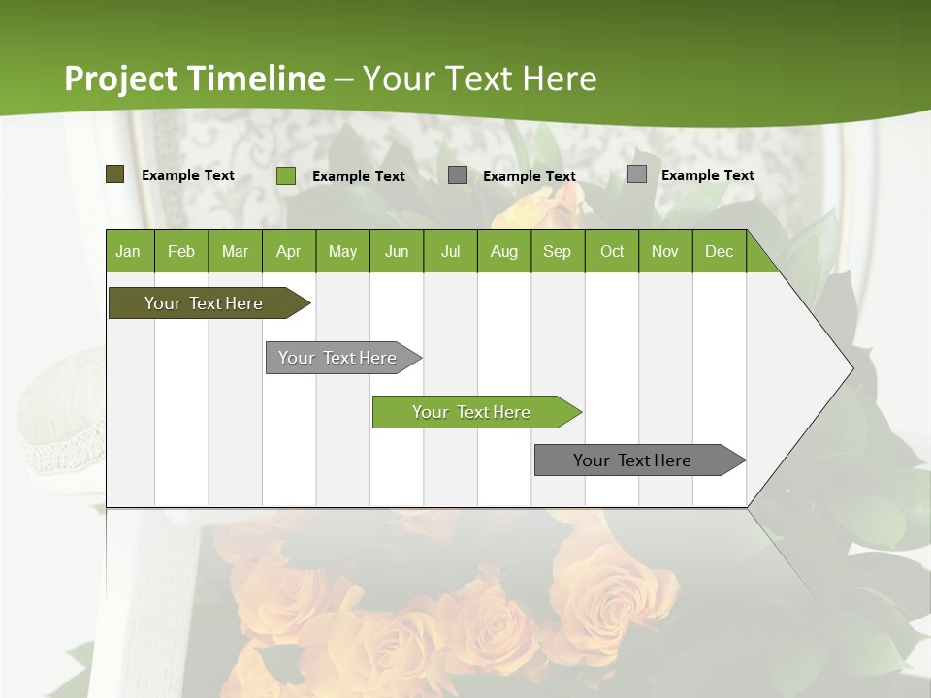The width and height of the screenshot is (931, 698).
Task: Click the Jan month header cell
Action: pyautogui.click(x=129, y=251)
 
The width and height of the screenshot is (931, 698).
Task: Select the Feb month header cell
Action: pyautogui.click(x=181, y=251)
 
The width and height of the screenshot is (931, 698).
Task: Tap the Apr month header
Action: pyautogui.click(x=289, y=251)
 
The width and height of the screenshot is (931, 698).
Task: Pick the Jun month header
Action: pyautogui.click(x=397, y=251)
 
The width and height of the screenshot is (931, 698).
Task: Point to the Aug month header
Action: pyautogui.click(x=504, y=251)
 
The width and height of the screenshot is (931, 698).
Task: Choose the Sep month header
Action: pyautogui.click(x=558, y=251)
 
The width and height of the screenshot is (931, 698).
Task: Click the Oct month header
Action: pyautogui.click(x=612, y=251)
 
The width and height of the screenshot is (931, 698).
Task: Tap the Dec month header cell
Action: pyautogui.click(x=720, y=251)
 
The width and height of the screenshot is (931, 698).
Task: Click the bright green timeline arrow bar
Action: pyautogui.click(x=473, y=412)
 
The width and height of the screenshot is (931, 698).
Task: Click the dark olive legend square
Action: pyautogui.click(x=114, y=174)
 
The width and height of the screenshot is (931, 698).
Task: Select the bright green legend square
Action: pyautogui.click(x=285, y=175)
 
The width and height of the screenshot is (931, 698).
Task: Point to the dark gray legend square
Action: pyautogui.click(x=458, y=175)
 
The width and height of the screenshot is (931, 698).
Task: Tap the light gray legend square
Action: pyautogui.click(x=636, y=174)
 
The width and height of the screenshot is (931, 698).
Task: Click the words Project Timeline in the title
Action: pyautogui.click(x=194, y=79)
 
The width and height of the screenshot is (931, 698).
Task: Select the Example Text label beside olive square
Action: pyautogui.click(x=188, y=175)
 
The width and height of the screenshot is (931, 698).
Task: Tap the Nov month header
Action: pyautogui.click(x=665, y=251)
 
